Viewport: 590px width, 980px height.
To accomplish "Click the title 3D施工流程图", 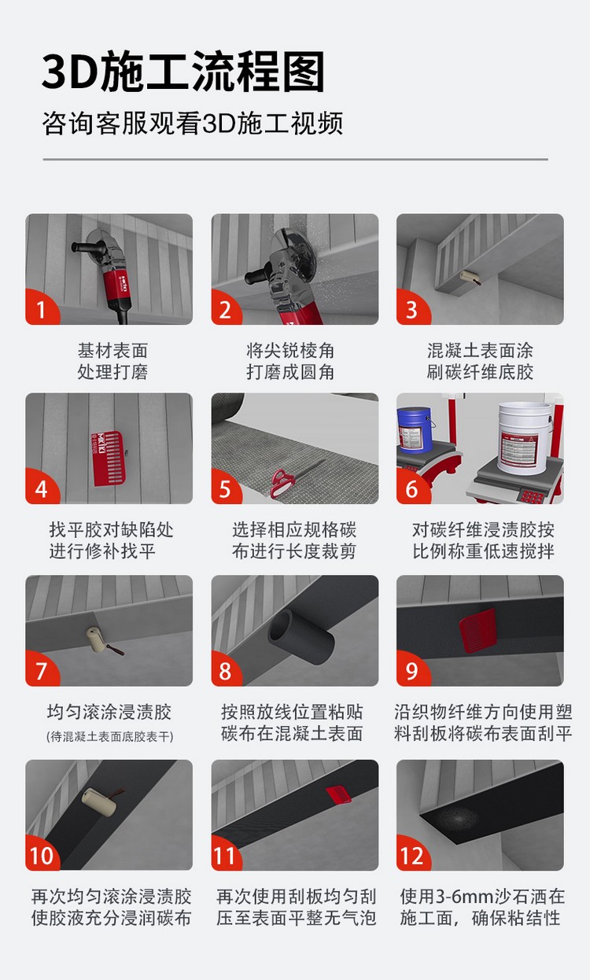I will pos(183,73).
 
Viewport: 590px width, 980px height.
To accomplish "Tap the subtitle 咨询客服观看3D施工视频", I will pos(193,124).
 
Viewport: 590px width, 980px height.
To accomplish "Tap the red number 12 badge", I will pos(413,856).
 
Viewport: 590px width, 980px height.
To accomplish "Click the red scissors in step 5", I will pos(281,481).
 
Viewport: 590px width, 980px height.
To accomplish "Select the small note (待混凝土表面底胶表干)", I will pos(109,737).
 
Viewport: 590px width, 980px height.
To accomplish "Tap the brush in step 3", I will pos(473,278).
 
